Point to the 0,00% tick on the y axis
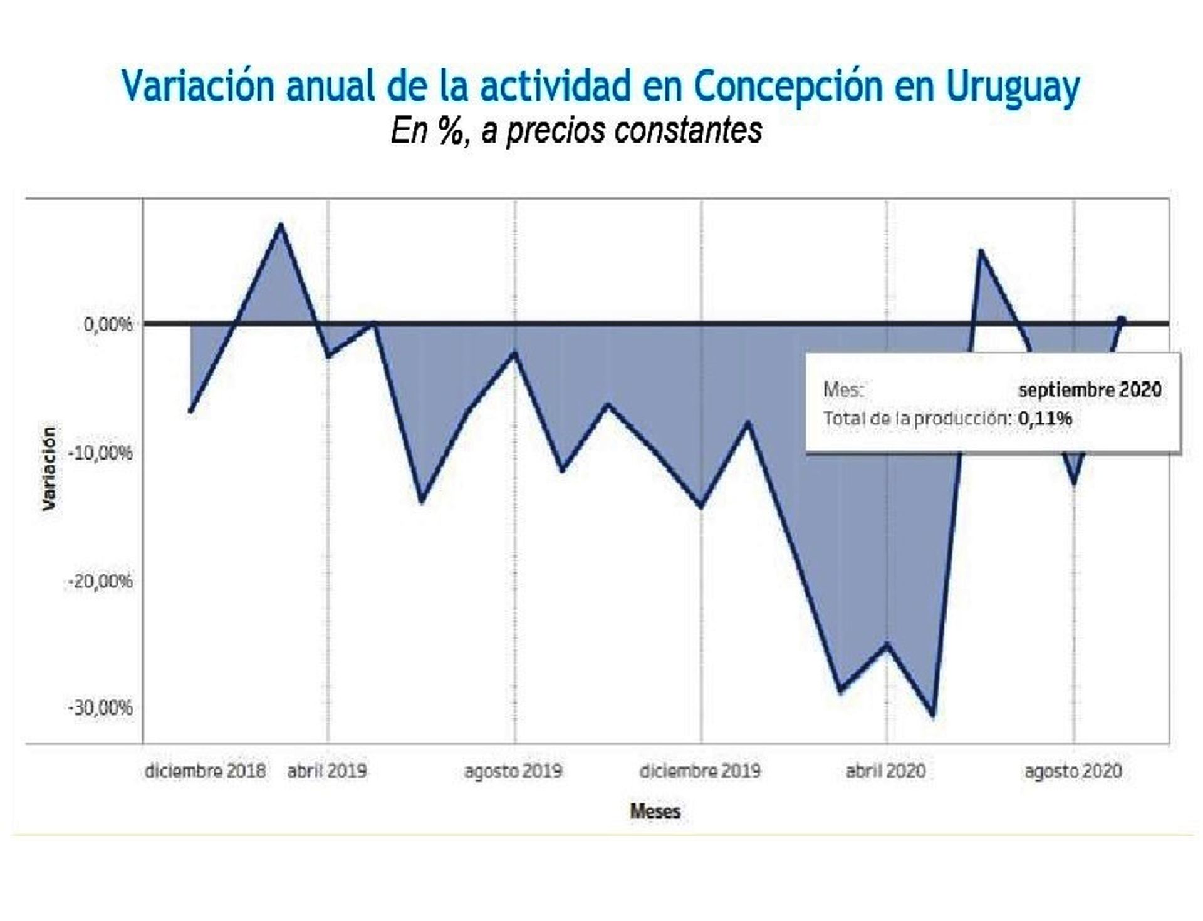coord(108,324)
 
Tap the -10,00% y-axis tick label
coord(102,452)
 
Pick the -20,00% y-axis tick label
coord(100,581)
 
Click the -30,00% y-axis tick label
coord(100,708)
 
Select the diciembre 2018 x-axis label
coord(205,771)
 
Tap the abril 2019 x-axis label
coord(327,771)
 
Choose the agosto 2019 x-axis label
coord(513,771)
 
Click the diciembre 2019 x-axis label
coord(700,771)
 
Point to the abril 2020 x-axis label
coord(885,771)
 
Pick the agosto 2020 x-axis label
coord(1073,771)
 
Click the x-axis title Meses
coord(655,811)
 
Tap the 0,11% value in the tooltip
coord(1044,418)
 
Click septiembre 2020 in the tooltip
coord(1090,390)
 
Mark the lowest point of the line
coord(933,715)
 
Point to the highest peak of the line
coord(281,224)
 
